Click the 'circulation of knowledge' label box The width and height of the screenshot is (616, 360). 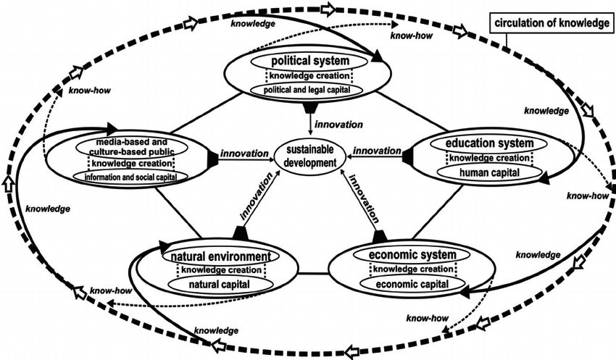(x=552, y=23)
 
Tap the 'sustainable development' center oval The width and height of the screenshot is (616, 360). (x=310, y=156)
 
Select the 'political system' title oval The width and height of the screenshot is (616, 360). (x=310, y=61)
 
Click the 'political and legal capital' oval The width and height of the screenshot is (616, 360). (x=307, y=90)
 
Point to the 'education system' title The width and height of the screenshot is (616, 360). (x=489, y=143)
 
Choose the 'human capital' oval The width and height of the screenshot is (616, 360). (x=489, y=172)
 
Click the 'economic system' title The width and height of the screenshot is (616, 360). (x=412, y=255)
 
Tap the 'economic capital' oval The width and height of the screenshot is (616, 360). (x=412, y=284)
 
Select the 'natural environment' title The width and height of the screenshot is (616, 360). (x=221, y=256)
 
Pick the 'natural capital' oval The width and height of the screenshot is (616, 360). (x=220, y=284)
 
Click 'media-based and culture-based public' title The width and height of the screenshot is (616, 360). (x=132, y=147)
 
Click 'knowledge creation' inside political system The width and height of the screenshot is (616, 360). (x=309, y=76)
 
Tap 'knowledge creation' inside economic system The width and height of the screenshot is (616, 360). (x=412, y=269)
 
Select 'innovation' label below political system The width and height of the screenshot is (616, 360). (x=338, y=125)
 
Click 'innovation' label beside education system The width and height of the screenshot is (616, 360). (x=377, y=151)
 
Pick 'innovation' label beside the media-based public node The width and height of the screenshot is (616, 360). (x=244, y=154)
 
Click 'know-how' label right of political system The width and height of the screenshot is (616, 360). (x=412, y=35)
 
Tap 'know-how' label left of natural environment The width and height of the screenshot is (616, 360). (x=111, y=291)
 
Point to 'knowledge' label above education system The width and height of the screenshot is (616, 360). (x=546, y=111)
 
